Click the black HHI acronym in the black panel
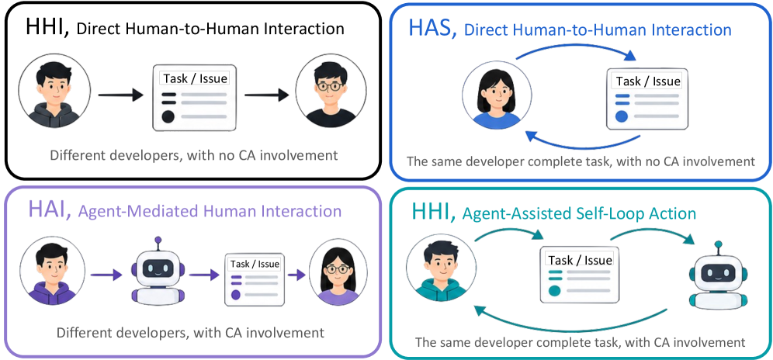pyautogui.click(x=47, y=27)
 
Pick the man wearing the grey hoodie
pyautogui.click(x=55, y=92)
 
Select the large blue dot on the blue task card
pyautogui.click(x=622, y=116)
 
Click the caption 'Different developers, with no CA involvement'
pyautogui.click(x=193, y=155)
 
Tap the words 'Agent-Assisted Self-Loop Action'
pyautogui.click(x=579, y=213)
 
